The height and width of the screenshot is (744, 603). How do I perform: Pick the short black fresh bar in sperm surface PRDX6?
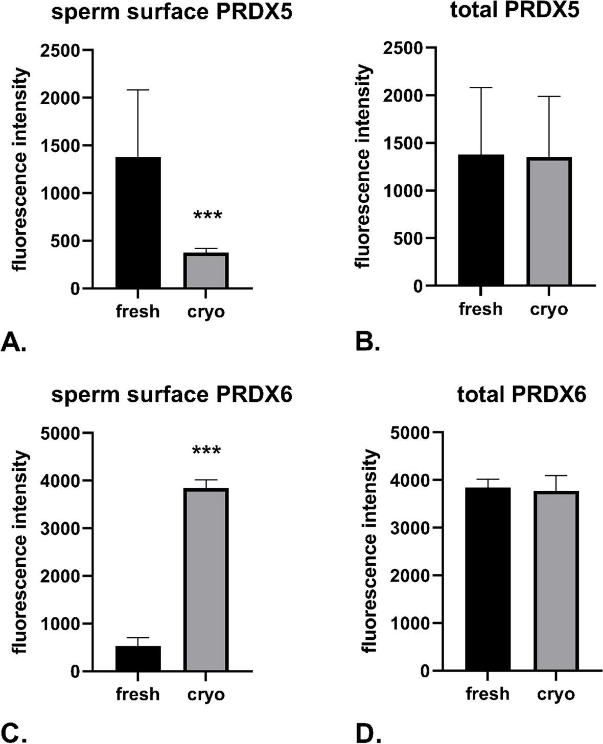[138, 659]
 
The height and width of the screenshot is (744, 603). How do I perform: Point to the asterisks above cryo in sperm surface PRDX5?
[207, 215]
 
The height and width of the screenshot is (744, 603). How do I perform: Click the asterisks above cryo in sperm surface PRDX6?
[206, 451]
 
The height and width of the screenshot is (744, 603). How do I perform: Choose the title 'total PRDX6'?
[521, 394]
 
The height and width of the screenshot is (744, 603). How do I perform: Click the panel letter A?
[14, 343]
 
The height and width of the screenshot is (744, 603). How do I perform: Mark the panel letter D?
[367, 731]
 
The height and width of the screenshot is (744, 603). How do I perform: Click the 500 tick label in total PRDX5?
[409, 238]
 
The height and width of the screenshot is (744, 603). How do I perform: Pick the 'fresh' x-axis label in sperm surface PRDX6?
[138, 694]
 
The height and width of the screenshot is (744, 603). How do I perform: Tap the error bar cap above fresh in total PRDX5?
[481, 88]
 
